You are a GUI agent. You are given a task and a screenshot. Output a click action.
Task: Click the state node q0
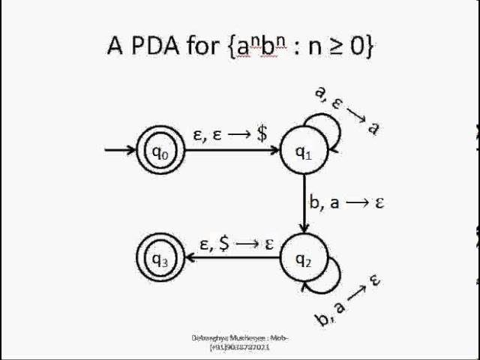(x=160, y=151)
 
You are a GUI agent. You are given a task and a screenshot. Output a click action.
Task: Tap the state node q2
(x=303, y=259)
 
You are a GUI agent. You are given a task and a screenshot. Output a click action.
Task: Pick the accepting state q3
(x=160, y=259)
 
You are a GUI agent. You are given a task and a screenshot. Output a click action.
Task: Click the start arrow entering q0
(x=120, y=151)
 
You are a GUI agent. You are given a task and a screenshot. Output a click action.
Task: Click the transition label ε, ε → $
(x=230, y=134)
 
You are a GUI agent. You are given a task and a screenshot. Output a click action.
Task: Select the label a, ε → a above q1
(x=347, y=110)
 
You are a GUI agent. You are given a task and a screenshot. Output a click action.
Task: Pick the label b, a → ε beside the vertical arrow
(x=346, y=202)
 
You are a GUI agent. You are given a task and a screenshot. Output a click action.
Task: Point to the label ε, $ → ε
(x=235, y=243)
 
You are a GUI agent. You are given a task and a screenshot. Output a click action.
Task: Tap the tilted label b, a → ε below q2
(x=348, y=301)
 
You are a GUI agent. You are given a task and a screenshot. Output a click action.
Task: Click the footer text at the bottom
(x=240, y=343)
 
